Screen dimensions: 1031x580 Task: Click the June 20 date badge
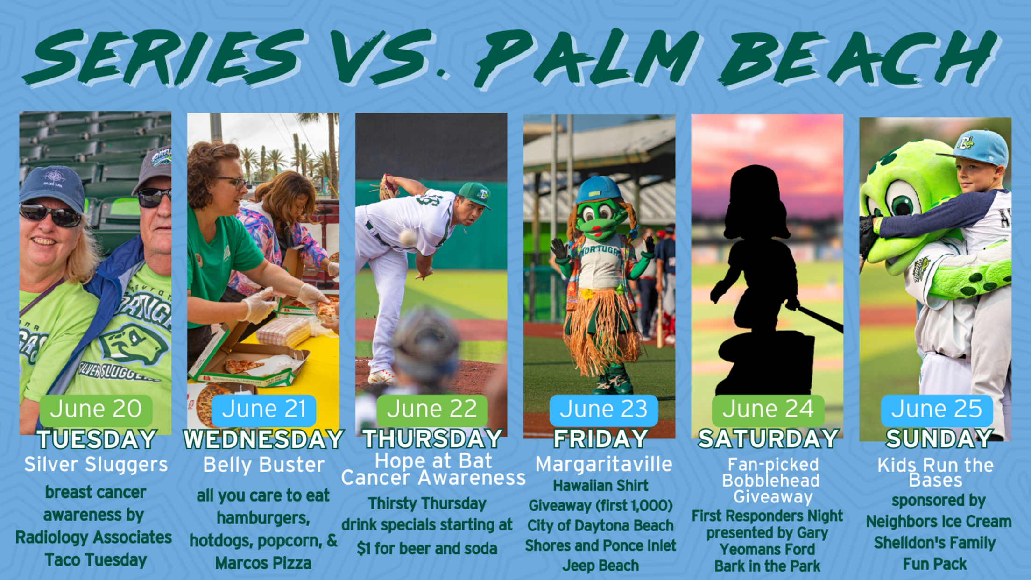point(96,410)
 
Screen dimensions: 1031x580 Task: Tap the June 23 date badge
point(603,410)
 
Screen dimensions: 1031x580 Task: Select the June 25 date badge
point(936,410)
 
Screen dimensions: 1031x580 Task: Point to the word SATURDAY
point(769,439)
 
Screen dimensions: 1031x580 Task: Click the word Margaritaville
point(604,464)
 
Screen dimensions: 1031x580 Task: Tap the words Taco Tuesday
point(96,560)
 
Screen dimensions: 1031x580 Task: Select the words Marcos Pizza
point(263,563)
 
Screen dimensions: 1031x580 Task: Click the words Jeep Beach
point(600,566)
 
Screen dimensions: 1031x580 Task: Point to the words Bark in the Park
point(767,566)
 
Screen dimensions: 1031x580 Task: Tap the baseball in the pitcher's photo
point(408,237)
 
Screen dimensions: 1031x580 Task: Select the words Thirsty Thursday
point(427,503)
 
